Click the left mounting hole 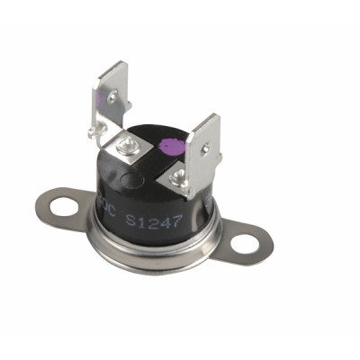(x=64, y=208)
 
